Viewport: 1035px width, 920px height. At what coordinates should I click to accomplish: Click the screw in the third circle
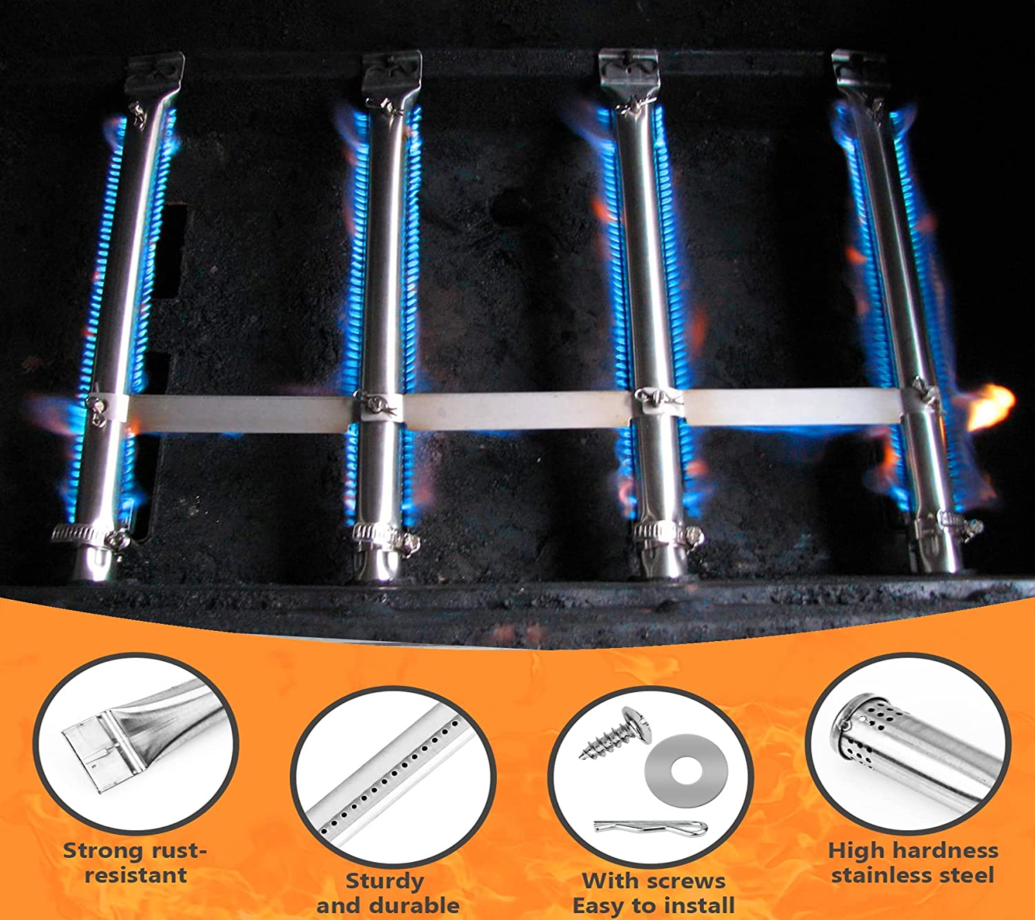tap(616, 732)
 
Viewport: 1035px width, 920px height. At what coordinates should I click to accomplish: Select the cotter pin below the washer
tap(651, 826)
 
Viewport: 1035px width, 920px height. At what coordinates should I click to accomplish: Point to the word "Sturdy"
tap(385, 881)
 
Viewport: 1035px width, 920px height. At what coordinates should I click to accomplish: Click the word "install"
tap(702, 906)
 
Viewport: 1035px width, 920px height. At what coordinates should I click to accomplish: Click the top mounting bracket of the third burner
tap(629, 72)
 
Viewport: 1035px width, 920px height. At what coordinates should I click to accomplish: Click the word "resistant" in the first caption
tap(136, 876)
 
